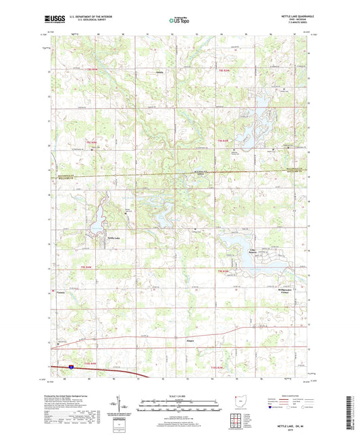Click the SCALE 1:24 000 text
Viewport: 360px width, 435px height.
(x=179, y=394)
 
